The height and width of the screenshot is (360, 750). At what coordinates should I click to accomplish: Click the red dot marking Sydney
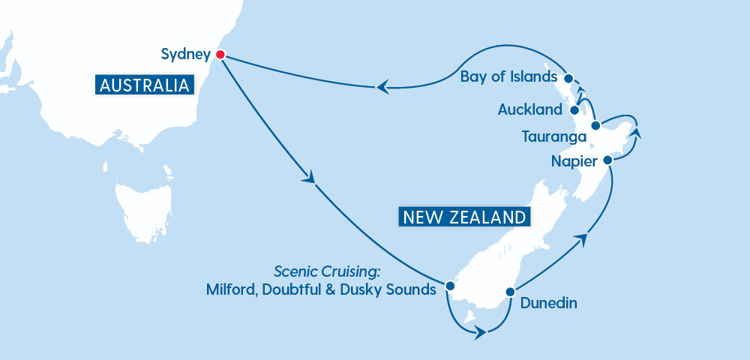[220, 54]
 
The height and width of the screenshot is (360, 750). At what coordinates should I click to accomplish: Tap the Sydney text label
[184, 54]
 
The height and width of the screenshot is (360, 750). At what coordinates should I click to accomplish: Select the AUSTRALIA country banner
[144, 84]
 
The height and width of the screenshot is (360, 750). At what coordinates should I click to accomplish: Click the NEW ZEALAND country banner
[463, 217]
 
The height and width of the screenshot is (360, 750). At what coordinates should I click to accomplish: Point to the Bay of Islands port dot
[568, 78]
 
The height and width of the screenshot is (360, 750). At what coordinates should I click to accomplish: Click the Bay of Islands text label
[508, 77]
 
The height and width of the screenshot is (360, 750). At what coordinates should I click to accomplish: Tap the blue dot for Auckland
[574, 109]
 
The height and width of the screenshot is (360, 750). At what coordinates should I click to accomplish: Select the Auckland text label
[529, 110]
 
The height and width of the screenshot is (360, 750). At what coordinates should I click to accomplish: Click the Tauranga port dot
[595, 126]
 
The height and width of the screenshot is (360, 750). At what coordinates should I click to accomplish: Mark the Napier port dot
[607, 160]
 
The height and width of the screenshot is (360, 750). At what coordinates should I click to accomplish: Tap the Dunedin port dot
[509, 292]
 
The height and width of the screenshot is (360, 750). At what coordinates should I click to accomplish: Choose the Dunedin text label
[544, 304]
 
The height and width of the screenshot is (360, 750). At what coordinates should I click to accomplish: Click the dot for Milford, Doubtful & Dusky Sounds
[449, 286]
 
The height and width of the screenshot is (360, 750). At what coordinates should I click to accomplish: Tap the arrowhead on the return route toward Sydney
[382, 87]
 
